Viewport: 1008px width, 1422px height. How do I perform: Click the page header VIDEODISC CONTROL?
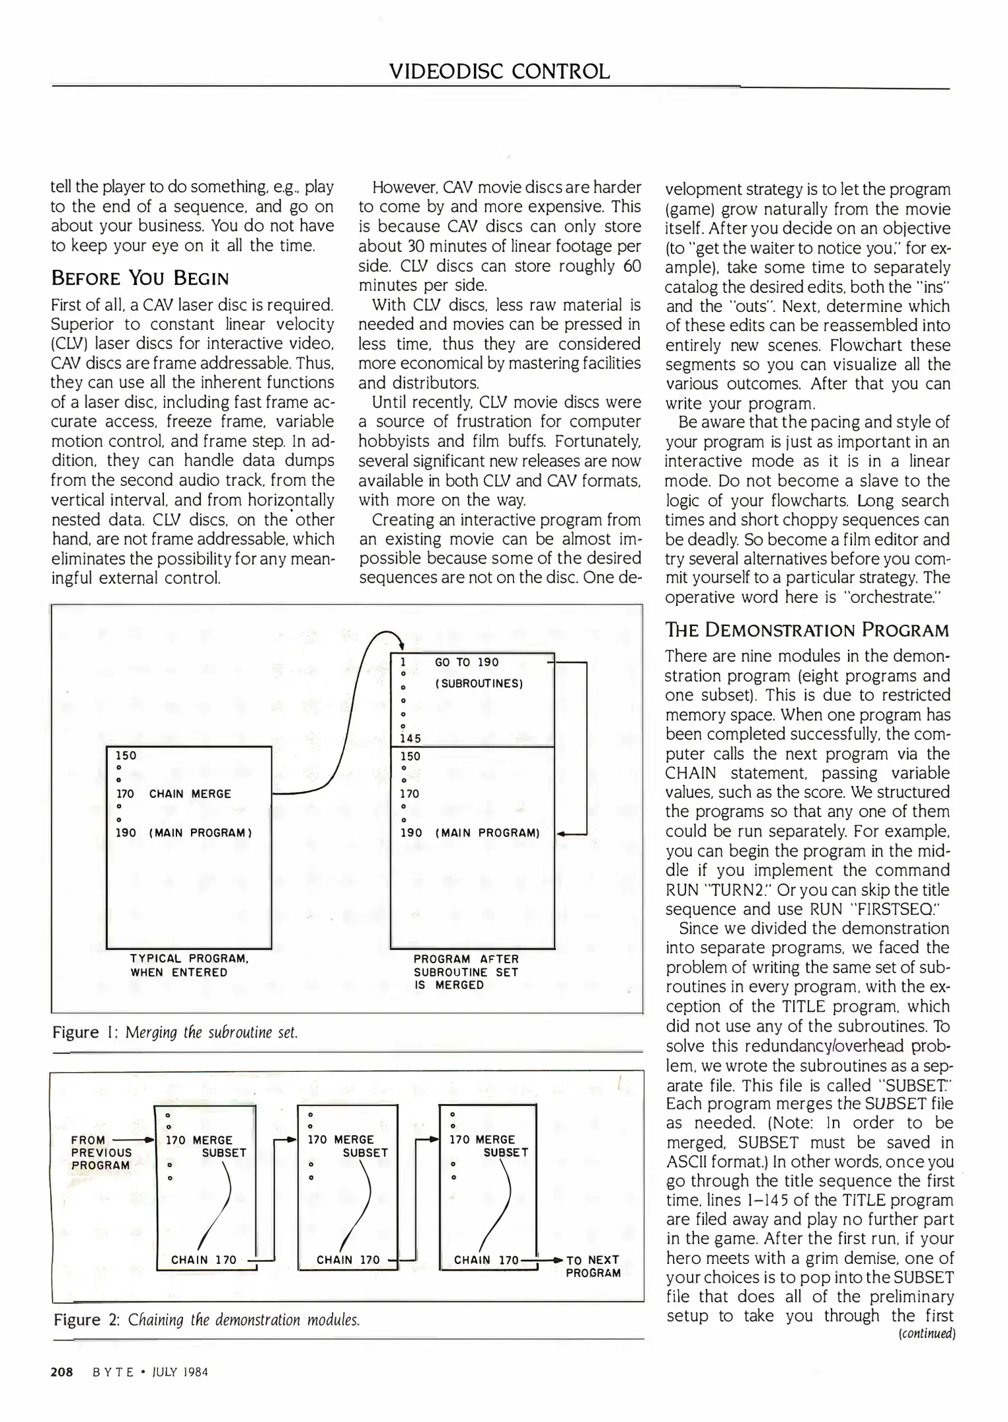tap(500, 71)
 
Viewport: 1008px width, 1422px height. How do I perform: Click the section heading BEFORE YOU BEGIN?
tap(140, 278)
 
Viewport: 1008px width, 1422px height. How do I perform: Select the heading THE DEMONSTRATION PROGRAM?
tap(807, 630)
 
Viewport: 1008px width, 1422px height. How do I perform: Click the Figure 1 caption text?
tap(175, 1032)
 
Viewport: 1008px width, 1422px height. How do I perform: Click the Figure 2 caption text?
tap(206, 1320)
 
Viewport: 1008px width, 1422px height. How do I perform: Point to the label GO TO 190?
tap(467, 662)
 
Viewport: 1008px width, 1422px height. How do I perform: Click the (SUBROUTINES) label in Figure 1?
tap(479, 683)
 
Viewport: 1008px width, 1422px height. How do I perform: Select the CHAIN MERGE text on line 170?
tap(190, 794)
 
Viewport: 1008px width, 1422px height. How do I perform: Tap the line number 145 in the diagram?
tap(411, 739)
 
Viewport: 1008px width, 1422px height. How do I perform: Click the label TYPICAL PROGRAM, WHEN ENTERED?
tap(188, 966)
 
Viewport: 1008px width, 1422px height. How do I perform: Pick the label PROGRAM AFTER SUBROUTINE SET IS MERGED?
tap(465, 972)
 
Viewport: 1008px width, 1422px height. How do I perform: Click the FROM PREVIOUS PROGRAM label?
tap(101, 1152)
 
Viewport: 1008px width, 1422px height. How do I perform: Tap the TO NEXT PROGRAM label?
tap(593, 1266)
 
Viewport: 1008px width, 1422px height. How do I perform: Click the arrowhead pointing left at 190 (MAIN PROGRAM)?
tap(562, 833)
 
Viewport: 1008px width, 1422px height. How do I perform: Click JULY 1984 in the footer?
tap(179, 1373)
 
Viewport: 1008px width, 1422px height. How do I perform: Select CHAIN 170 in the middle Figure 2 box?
tap(348, 1260)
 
